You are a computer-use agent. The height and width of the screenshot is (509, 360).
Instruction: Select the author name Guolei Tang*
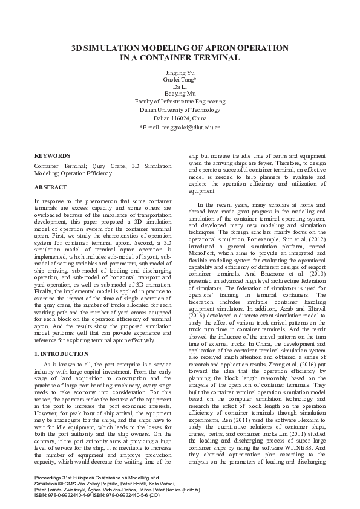[180, 80]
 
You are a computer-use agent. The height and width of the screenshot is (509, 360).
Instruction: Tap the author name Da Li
[180, 87]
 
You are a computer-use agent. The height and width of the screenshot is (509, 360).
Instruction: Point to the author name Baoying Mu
[180, 94]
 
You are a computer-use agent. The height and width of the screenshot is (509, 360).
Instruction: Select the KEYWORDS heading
[52, 155]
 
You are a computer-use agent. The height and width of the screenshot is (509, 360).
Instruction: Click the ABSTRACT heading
[50, 188]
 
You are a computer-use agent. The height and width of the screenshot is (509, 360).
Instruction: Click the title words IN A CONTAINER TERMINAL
[180, 57]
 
